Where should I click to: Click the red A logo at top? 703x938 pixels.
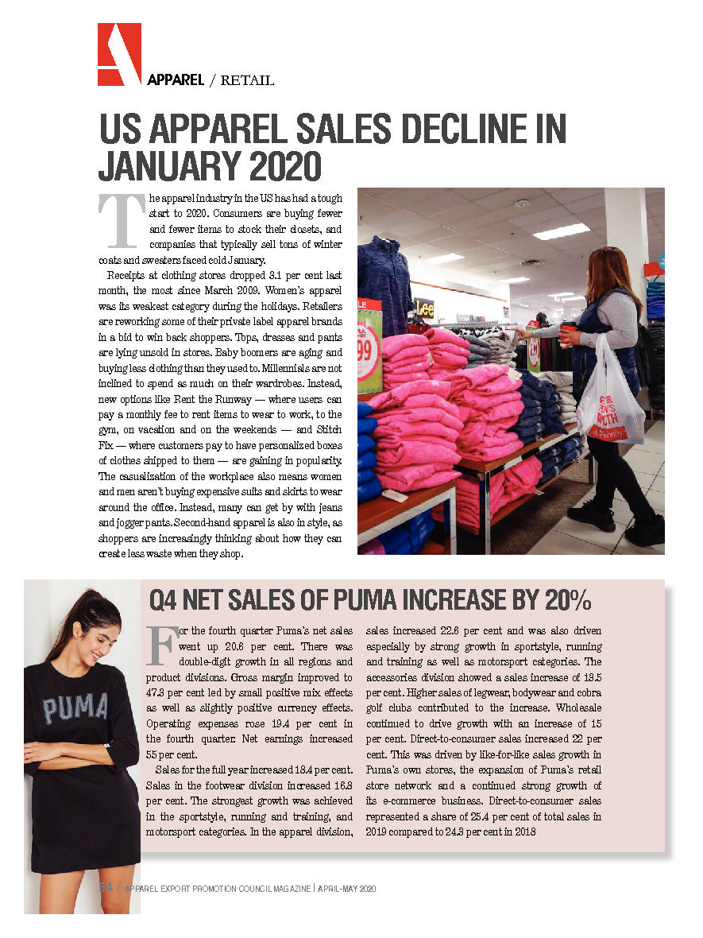[119, 54]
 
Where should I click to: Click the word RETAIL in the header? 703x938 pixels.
[247, 80]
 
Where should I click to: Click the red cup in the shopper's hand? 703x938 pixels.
[567, 332]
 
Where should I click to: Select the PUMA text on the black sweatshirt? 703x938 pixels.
[75, 708]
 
